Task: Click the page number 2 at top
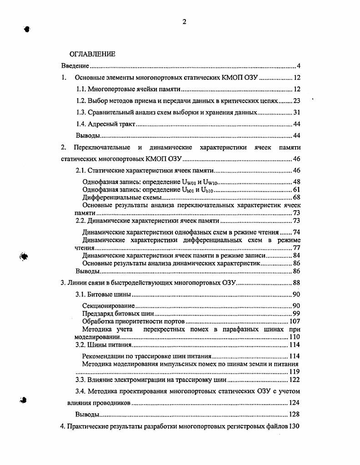pos(185,21)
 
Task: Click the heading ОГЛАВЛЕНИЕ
pos(92,54)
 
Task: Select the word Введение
pos(75,66)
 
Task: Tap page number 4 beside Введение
pos(298,66)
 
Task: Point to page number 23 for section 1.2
pos(296,101)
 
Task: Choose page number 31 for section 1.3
pos(296,112)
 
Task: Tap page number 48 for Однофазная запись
pos(296,182)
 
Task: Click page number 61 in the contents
pos(296,190)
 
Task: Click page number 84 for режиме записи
pos(296,256)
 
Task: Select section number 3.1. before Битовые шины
pos(80,294)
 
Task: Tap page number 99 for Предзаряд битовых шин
pos(296,314)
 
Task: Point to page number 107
pos(295,322)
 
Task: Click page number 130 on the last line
pos(295,426)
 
